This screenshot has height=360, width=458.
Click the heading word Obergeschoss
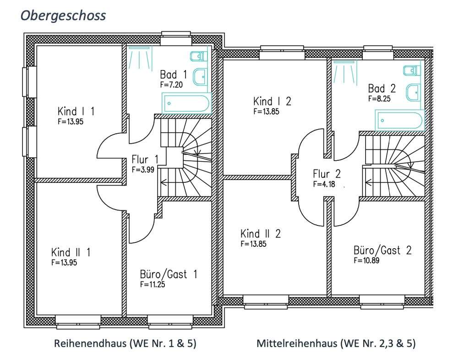64,15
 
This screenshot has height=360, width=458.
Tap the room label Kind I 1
76,112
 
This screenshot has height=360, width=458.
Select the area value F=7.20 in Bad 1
172,85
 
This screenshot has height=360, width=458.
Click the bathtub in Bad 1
186,103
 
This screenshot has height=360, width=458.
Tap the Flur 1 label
145,160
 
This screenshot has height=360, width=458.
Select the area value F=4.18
324,184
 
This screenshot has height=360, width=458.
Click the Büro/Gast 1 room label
169,274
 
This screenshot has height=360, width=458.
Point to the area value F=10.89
366,260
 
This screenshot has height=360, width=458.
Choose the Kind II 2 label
260,234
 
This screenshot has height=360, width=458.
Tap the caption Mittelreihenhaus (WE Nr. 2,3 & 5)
336,344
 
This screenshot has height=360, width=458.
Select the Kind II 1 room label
71,252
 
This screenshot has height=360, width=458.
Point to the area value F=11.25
153,284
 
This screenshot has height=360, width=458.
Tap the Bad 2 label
382,88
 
